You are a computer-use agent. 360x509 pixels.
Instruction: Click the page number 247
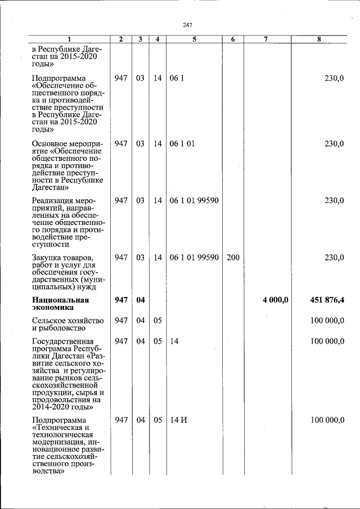click(x=188, y=24)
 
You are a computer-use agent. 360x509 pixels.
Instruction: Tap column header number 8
click(x=319, y=39)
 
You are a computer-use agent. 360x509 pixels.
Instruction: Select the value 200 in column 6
click(x=233, y=257)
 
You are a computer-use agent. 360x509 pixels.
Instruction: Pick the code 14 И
click(x=178, y=420)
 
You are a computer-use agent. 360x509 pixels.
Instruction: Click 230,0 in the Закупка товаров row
click(x=334, y=257)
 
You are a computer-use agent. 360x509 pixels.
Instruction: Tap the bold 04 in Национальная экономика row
click(x=141, y=300)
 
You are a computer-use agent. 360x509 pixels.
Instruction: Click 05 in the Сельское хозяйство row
click(x=157, y=320)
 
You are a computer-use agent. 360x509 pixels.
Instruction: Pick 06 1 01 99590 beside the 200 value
click(x=193, y=257)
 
